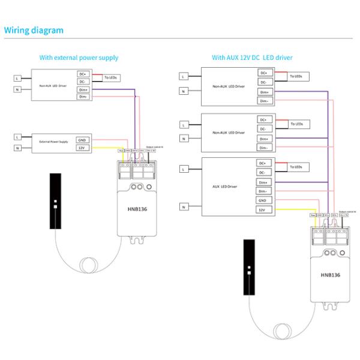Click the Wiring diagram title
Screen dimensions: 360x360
pyautogui.click(x=34, y=30)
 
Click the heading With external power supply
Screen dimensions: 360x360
pyautogui.click(x=79, y=58)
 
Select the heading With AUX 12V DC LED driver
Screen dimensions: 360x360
pyautogui.click(x=251, y=58)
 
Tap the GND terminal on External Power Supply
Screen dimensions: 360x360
pyautogui.click(x=82, y=139)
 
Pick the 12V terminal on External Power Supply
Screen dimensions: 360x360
pyautogui.click(x=82, y=147)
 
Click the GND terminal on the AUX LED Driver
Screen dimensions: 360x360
pyautogui.click(x=262, y=200)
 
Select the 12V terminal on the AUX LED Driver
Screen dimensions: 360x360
pyautogui.click(x=262, y=210)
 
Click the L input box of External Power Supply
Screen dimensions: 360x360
pyautogui.click(x=18, y=137)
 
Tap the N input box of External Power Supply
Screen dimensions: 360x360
pyautogui.click(x=18, y=147)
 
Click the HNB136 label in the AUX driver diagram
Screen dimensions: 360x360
pyautogui.click(x=331, y=275)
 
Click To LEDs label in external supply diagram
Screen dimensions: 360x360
pyautogui.click(x=111, y=77)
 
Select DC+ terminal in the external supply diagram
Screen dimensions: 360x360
pyautogui.click(x=83, y=73)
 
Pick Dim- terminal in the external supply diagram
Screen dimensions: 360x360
pyautogui.click(x=83, y=96)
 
